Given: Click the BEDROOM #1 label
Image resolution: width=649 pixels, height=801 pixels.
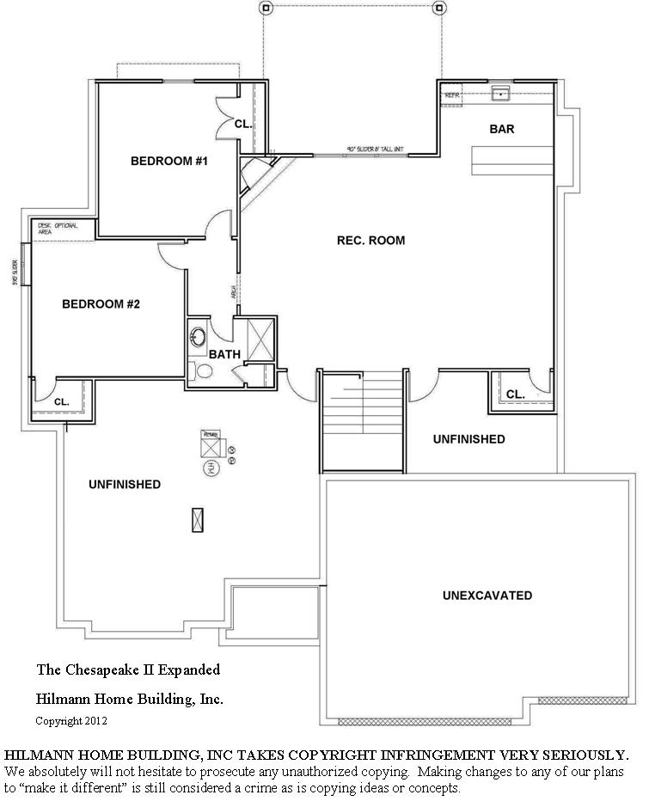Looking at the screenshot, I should pyautogui.click(x=170, y=161).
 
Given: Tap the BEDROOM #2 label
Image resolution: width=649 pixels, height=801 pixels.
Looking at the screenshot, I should pyautogui.click(x=101, y=304).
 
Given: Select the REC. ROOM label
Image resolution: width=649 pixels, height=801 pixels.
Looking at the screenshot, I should pyautogui.click(x=370, y=241).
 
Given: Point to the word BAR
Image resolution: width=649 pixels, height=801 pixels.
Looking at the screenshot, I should pyautogui.click(x=502, y=130).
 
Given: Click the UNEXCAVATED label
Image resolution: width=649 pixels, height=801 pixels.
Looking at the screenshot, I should pyautogui.click(x=487, y=596).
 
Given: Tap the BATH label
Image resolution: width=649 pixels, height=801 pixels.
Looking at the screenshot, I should pyautogui.click(x=224, y=354).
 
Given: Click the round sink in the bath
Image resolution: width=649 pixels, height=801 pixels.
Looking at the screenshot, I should pyautogui.click(x=198, y=335).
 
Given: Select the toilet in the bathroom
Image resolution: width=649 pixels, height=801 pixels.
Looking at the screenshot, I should pyautogui.click(x=201, y=371).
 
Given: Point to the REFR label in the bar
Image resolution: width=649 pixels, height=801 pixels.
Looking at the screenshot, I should pyautogui.click(x=452, y=95).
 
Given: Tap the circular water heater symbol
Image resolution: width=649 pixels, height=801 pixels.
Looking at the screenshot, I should pyautogui.click(x=209, y=468).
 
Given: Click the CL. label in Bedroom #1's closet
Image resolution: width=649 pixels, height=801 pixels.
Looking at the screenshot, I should pyautogui.click(x=243, y=124).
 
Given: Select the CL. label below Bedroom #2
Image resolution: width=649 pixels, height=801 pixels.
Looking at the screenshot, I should pyautogui.click(x=61, y=401).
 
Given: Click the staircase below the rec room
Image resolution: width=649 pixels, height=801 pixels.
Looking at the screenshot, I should pyautogui.click(x=362, y=421).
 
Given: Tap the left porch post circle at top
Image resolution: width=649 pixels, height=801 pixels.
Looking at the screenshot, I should pyautogui.click(x=266, y=9).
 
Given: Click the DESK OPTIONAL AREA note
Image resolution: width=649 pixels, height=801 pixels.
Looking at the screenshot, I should pyautogui.click(x=58, y=228).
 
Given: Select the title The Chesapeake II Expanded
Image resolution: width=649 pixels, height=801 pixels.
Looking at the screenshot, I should pyautogui.click(x=128, y=669).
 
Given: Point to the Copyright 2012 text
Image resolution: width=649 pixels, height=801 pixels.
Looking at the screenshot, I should pyautogui.click(x=71, y=720).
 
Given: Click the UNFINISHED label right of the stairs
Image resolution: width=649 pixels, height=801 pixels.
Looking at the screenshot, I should pyautogui.click(x=468, y=439).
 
